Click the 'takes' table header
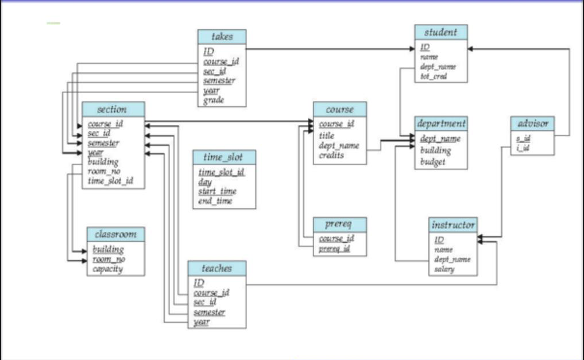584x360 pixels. [x=222, y=36]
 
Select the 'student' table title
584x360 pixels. [x=440, y=32]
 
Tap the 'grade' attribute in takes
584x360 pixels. [x=214, y=100]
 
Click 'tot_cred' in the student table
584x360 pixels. [x=434, y=76]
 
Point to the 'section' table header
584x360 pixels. [x=113, y=109]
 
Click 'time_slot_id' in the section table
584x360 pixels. [x=110, y=181]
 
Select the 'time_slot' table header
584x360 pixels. [x=223, y=157]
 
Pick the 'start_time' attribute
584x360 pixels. [x=217, y=191]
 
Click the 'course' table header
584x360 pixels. [x=339, y=109]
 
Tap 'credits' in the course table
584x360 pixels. [x=331, y=156]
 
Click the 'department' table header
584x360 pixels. [x=441, y=123]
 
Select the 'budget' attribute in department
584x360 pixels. [x=432, y=162]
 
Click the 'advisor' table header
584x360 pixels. [x=532, y=123]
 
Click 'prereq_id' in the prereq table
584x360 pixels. [x=335, y=249]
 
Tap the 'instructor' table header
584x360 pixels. [x=452, y=224]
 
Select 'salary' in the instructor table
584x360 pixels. [x=444, y=269]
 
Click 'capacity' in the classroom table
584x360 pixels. [x=107, y=269]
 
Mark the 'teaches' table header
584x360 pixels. [x=216, y=268]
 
